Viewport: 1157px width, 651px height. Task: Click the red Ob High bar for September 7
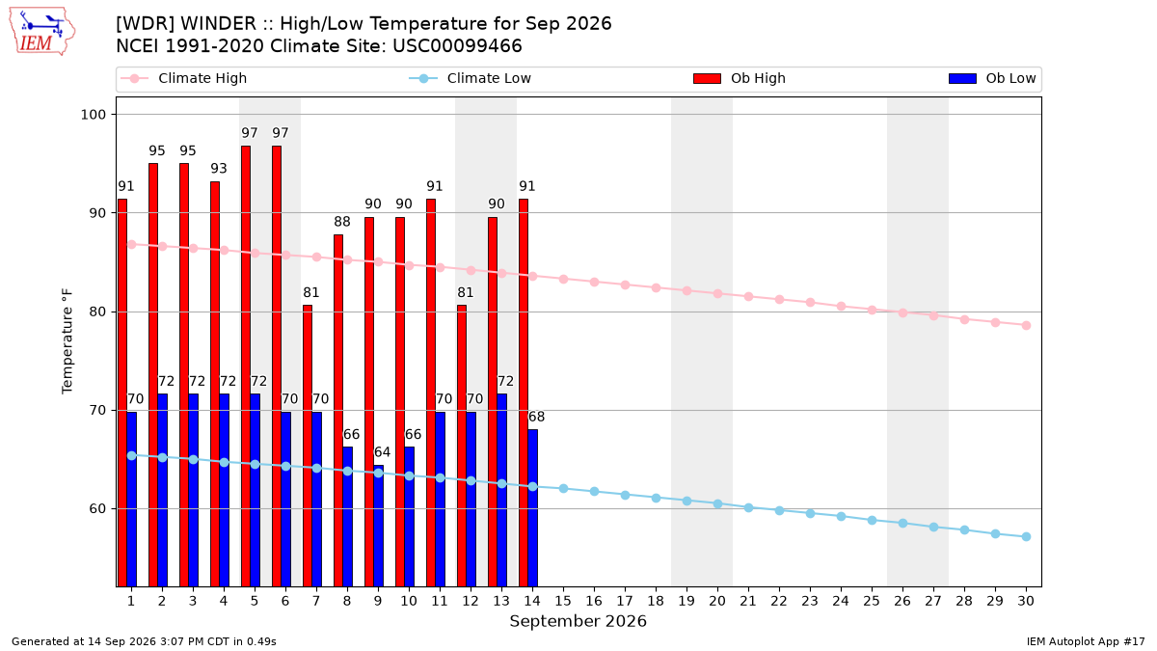(308, 446)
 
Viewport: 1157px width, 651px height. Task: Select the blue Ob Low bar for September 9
(379, 526)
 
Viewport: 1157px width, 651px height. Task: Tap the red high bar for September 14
(524, 393)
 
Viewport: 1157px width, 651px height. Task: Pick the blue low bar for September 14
(532, 508)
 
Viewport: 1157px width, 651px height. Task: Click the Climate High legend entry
(184, 78)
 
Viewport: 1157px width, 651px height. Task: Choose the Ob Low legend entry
(992, 78)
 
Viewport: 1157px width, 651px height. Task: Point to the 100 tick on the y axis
(93, 114)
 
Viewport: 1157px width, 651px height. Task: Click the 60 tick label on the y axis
(97, 509)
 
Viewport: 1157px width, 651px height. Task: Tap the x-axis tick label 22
(779, 601)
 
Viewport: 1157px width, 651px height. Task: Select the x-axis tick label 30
(1026, 601)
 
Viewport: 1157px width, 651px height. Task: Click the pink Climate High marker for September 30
(1026, 326)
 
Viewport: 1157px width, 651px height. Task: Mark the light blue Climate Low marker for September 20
(717, 503)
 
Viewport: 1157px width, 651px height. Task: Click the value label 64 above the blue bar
(382, 452)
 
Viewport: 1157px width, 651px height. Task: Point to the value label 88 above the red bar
(342, 222)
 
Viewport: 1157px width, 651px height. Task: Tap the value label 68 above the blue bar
(536, 417)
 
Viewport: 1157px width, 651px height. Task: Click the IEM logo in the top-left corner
(41, 32)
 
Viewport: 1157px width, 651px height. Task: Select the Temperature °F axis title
(67, 341)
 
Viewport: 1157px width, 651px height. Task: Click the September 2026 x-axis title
(578, 621)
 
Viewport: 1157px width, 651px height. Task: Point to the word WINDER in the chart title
(218, 24)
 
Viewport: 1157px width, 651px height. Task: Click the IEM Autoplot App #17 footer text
(1086, 641)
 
